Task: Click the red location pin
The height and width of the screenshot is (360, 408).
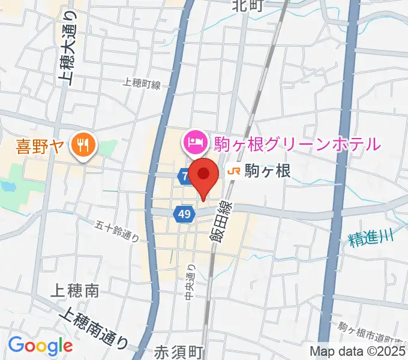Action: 205,175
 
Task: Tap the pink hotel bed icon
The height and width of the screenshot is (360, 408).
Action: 194,143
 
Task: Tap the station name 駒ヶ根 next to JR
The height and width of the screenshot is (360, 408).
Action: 268,172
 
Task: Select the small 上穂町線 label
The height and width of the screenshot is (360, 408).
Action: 142,85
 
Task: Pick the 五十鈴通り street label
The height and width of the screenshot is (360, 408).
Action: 118,230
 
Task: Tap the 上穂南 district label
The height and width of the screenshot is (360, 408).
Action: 75,292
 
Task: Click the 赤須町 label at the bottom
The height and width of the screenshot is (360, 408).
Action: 179,352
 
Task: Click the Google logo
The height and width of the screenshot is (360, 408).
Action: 40,346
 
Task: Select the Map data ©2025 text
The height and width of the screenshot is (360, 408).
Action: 356,352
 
